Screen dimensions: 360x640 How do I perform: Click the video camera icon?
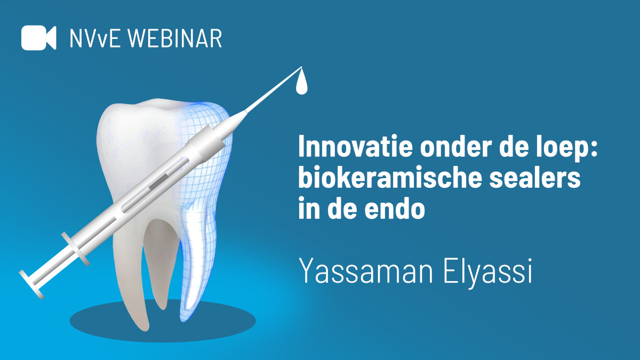coord(38,37)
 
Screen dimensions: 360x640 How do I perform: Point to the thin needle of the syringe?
coord(272,90)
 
